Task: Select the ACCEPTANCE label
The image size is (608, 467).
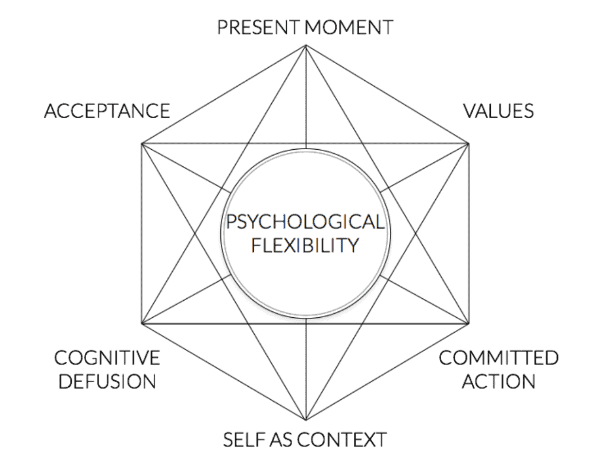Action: (x=107, y=111)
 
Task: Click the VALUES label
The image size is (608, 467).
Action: (x=498, y=111)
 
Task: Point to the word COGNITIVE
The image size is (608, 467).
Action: (x=107, y=358)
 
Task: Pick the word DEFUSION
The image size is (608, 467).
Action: (x=107, y=380)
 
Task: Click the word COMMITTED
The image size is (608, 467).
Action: (x=499, y=358)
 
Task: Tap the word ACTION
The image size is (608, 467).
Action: (x=499, y=380)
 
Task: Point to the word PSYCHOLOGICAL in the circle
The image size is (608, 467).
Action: (x=305, y=222)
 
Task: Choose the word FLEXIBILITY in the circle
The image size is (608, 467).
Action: (x=305, y=245)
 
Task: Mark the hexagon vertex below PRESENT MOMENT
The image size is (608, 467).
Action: (x=305, y=45)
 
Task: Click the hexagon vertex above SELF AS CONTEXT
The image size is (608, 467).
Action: (x=305, y=421)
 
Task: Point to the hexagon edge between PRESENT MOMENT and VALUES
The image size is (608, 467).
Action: (x=387, y=94)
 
